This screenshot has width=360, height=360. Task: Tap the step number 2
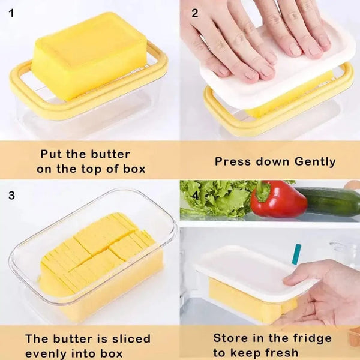[194, 11]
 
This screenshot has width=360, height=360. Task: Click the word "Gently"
[315, 161]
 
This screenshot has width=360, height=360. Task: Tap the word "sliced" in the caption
[130, 339]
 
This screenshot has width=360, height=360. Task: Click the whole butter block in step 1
[90, 54]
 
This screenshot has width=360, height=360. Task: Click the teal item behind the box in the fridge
[296, 254]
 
